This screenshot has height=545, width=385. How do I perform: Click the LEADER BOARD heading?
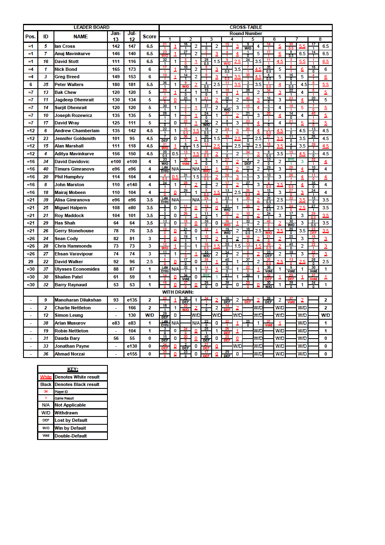pos(91,27)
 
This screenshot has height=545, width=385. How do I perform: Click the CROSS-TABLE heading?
pos(246,27)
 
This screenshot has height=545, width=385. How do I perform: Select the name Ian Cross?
pos(65,46)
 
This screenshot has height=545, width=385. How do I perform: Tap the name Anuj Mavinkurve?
pos(72,54)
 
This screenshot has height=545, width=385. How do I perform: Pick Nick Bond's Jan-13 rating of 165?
pos(116,69)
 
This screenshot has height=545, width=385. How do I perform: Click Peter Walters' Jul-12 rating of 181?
pos(132,84)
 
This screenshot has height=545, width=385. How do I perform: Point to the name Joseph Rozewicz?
pos(73,115)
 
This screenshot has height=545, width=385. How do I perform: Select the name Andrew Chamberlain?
pos(77,131)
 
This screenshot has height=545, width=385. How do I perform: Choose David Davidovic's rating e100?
pos(116,161)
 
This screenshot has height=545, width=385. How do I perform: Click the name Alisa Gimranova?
pos(72,200)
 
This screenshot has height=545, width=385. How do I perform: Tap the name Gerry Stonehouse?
pos(74,231)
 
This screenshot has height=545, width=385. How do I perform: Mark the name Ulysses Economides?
pos(77,269)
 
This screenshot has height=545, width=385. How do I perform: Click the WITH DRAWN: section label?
pos(177,292)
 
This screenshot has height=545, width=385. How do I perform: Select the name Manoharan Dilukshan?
pos(78,300)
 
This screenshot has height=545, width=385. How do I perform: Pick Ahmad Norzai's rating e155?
pos(132,354)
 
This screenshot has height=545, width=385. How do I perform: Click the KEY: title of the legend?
pos(72,369)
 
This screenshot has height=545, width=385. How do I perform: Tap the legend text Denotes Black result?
pos(77,384)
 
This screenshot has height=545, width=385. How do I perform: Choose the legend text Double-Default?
pos(71,436)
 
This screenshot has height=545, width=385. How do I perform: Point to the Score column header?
pos(149,37)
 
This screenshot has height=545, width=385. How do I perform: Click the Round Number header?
pos(246,33)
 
